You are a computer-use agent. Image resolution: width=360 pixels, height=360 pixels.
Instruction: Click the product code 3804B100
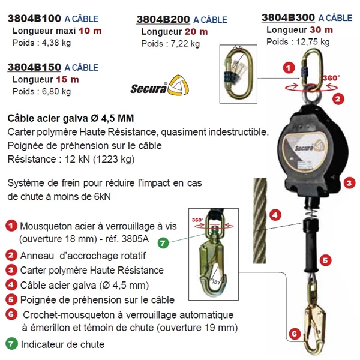coord(35,18)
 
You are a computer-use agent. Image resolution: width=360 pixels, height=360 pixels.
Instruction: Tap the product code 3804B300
coord(289,17)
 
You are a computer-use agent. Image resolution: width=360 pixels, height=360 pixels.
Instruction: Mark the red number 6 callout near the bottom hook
coord(293,332)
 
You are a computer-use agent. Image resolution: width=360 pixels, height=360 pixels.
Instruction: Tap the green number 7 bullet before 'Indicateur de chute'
coord(11,344)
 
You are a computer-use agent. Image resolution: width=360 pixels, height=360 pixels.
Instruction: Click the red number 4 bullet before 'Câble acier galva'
coord(11,285)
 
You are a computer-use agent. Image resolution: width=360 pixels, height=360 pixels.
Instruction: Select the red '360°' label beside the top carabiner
coord(331,78)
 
